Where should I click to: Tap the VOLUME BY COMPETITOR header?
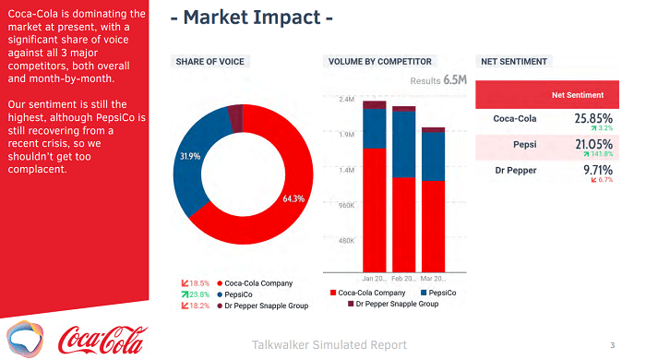point(379,62)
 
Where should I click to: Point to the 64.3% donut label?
point(293,198)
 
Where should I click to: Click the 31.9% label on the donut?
point(189,156)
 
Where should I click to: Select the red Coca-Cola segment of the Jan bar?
point(374,208)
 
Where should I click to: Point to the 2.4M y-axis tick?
point(347,100)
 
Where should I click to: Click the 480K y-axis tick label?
point(346,240)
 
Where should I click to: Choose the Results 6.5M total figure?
point(439,80)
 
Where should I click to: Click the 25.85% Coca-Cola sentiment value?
point(593,118)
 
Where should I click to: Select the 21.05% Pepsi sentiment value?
point(593,144)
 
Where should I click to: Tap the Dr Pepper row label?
point(515,170)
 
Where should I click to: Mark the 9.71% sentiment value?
point(598,170)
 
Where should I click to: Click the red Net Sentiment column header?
point(578,94)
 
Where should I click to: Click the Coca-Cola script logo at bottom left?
point(102,338)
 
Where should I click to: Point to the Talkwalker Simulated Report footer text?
point(329,345)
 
